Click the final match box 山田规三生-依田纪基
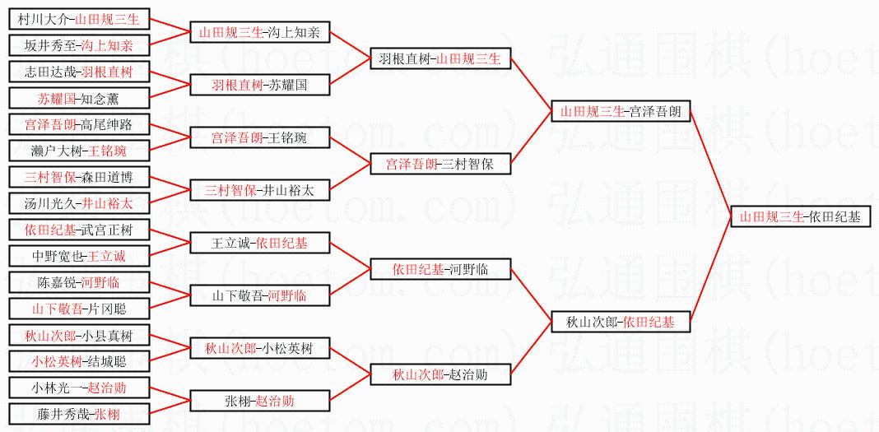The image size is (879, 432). tap(799, 217)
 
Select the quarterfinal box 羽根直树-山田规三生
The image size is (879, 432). tap(441, 59)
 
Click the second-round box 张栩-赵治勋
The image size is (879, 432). tap(259, 401)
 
